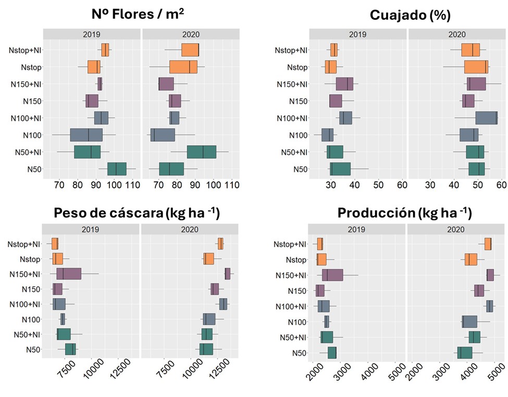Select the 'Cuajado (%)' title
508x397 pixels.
click(410, 15)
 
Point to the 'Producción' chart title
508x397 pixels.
click(404, 213)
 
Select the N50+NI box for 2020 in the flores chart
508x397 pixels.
click(202, 152)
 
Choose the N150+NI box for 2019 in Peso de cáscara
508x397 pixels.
click(69, 274)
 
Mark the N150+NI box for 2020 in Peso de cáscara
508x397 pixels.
click(228, 274)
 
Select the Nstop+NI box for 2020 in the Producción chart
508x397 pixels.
click(488, 244)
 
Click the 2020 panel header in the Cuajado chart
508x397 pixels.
click(457, 34)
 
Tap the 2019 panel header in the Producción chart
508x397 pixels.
click(356, 229)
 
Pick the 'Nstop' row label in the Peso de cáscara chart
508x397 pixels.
click(32, 259)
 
